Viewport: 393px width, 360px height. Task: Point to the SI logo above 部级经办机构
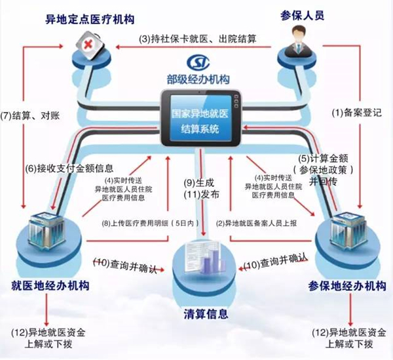pyautogui.click(x=197, y=62)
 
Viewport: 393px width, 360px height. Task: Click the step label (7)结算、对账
pyautogui.click(x=31, y=114)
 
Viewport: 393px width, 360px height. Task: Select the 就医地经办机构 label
pyautogui.click(x=50, y=285)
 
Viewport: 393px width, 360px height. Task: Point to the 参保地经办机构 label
pyautogui.click(x=345, y=285)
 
